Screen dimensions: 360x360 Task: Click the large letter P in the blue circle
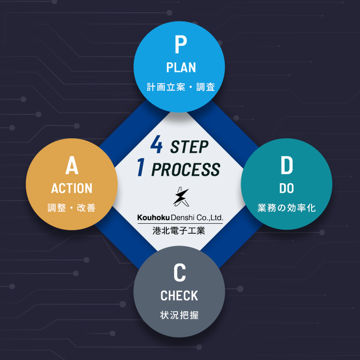tap(180, 45)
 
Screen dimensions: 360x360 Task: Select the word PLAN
tap(181, 67)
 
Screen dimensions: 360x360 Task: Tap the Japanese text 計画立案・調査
tap(181, 87)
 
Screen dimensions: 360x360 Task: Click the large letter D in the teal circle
tap(287, 166)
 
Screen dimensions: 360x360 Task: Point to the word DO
tap(287, 188)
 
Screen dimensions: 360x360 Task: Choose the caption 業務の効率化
tap(287, 208)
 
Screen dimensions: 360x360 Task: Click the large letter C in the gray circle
tap(180, 273)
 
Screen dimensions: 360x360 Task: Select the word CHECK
tap(179, 296)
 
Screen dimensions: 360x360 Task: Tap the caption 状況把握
tap(179, 315)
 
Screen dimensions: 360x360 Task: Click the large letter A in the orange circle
tap(72, 166)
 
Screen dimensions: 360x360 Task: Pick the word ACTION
tap(72, 188)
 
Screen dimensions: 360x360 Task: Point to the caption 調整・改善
tap(72, 208)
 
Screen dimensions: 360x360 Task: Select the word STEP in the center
tap(189, 147)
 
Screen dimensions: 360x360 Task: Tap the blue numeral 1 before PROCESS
tap(141, 169)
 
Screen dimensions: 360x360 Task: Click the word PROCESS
tap(185, 170)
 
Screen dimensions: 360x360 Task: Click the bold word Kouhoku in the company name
tap(153, 218)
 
